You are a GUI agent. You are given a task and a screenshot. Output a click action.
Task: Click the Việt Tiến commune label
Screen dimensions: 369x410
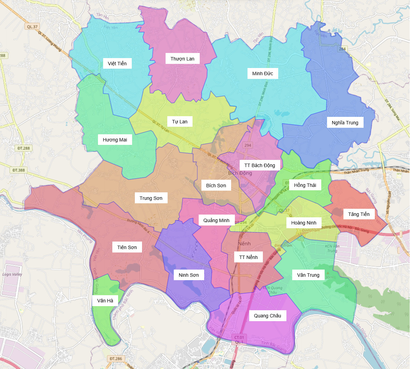(117, 64)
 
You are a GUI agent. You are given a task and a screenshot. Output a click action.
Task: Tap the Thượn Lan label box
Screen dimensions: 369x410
(182, 59)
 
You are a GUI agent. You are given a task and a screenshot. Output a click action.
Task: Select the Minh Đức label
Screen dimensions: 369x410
(263, 73)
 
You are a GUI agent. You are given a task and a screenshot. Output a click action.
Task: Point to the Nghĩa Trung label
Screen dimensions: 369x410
(345, 123)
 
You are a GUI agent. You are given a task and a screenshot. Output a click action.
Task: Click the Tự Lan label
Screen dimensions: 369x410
(180, 122)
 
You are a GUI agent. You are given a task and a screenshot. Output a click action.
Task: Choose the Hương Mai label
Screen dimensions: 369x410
(115, 140)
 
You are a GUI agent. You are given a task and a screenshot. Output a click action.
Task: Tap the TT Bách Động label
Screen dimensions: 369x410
(259, 165)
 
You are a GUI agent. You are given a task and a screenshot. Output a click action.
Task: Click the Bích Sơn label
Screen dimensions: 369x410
(216, 186)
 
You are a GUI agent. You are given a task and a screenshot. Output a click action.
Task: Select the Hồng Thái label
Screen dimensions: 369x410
(305, 185)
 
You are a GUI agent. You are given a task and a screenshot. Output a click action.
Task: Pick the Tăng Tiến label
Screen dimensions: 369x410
(358, 214)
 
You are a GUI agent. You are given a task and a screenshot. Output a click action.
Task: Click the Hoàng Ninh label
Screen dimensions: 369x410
(303, 223)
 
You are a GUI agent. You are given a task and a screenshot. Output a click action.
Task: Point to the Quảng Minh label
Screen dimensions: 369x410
(216, 220)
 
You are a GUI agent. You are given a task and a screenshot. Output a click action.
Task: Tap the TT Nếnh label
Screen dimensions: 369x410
(248, 257)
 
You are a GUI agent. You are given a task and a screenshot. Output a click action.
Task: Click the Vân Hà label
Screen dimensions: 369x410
(105, 301)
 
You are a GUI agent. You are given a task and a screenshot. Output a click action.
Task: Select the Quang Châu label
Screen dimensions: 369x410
(267, 316)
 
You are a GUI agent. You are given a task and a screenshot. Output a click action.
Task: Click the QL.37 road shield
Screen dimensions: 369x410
(32, 27)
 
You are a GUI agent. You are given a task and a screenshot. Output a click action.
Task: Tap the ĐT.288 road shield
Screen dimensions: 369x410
(24, 148)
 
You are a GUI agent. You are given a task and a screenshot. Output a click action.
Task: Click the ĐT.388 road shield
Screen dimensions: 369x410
(18, 170)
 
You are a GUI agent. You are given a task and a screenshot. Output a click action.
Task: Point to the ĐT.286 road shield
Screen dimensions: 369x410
(116, 359)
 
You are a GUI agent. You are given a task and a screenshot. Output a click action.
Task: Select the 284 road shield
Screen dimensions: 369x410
(342, 49)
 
